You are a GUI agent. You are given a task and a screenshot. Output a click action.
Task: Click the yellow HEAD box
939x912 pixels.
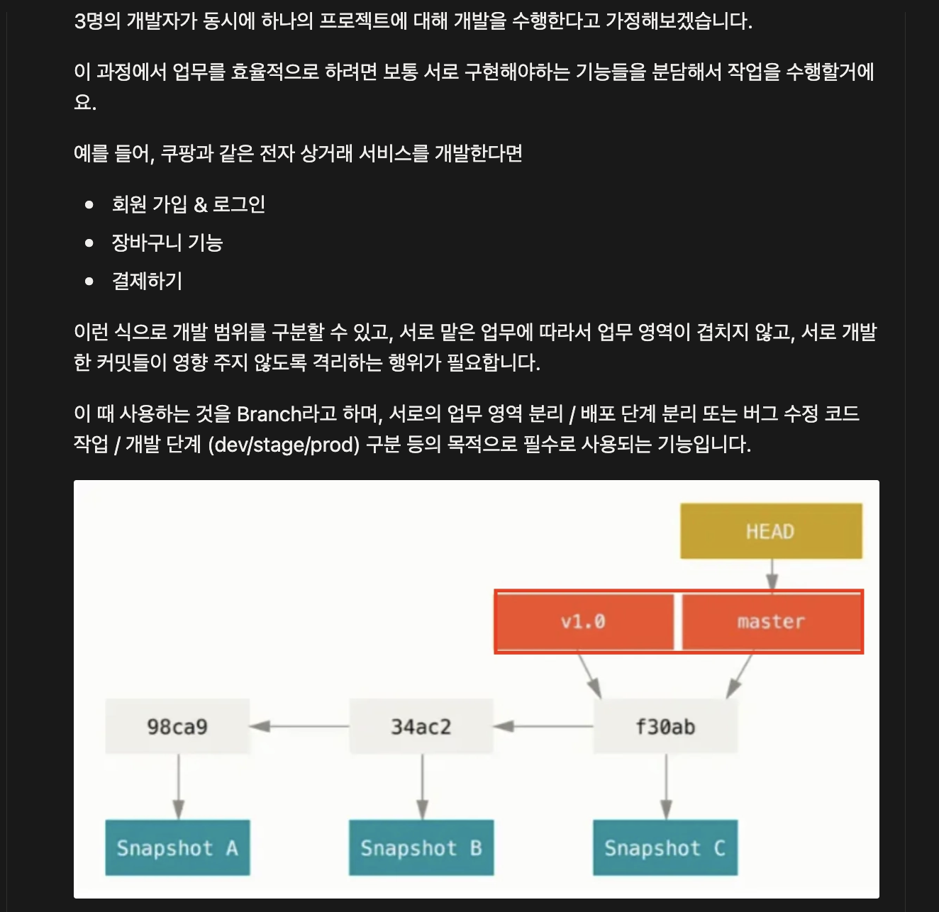pos(771,531)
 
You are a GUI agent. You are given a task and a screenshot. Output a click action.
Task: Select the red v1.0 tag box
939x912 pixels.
pos(584,621)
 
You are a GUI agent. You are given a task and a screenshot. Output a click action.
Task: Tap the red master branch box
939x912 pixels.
pos(772,621)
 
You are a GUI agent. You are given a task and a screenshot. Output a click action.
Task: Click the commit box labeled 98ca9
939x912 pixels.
pos(177,726)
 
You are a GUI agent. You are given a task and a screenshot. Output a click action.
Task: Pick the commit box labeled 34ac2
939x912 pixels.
pos(421,726)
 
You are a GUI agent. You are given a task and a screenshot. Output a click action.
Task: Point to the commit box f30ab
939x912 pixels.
pos(665,726)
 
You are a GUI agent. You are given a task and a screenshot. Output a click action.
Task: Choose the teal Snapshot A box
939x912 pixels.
pos(177,848)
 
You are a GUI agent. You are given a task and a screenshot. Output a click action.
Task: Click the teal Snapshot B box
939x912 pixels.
pos(421,848)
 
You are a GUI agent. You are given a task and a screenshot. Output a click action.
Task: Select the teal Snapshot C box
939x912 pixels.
pos(665,848)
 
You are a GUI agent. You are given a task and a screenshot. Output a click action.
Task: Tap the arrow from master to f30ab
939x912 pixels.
pos(740,675)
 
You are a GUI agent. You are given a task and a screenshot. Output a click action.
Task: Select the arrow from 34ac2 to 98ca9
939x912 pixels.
pos(299,726)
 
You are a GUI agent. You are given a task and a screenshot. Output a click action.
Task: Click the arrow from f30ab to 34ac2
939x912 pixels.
pos(543,726)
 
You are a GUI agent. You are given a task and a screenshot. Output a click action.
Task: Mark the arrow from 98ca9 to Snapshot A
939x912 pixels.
pos(178,786)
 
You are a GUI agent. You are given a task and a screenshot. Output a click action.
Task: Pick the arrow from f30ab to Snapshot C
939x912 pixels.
pos(666,786)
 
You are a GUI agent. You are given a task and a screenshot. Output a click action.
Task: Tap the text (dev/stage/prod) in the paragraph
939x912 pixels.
pos(284,445)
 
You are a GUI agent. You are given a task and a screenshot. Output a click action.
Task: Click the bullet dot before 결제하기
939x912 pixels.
pos(89,282)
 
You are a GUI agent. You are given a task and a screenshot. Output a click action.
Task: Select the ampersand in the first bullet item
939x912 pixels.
pos(201,205)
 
